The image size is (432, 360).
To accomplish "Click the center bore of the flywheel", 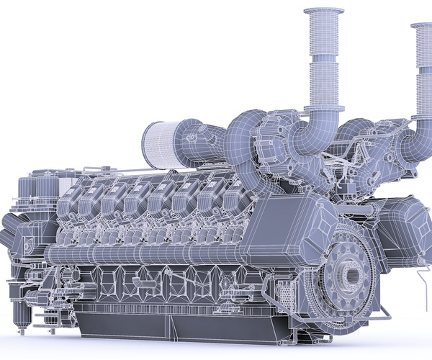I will (354, 275).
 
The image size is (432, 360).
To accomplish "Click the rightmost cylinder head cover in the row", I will (234, 202).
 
